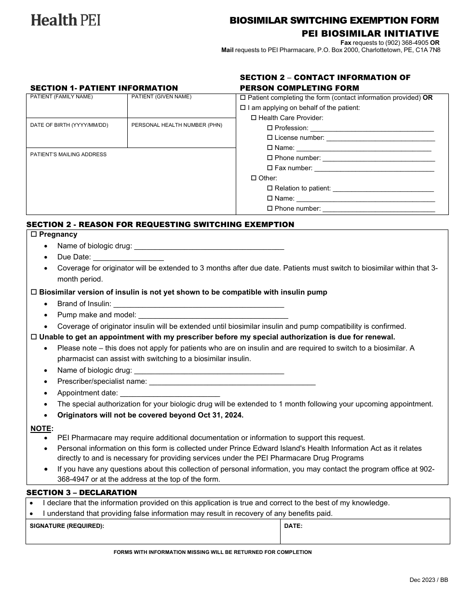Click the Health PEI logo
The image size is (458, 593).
(x=66, y=20)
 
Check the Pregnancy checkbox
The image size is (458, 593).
(x=34, y=234)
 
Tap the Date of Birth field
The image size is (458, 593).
(x=77, y=136)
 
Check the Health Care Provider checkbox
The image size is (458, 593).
(x=254, y=118)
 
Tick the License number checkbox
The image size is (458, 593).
(x=270, y=138)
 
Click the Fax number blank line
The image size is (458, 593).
(x=374, y=169)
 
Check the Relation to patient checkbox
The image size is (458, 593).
(x=270, y=189)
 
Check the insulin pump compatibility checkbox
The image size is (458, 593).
(x=34, y=292)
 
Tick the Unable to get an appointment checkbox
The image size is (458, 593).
(x=34, y=337)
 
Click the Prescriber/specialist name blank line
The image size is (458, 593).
(x=232, y=382)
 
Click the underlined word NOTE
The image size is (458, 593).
(x=41, y=429)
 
